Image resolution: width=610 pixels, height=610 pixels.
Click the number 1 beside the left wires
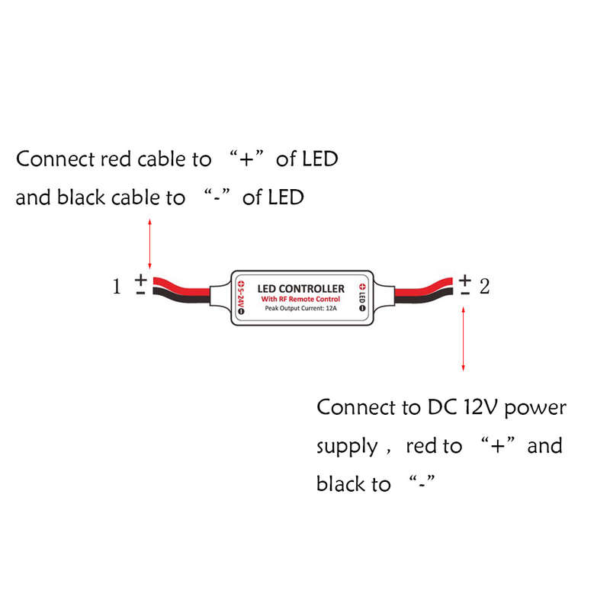(117, 287)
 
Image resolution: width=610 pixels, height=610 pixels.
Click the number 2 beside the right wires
(484, 287)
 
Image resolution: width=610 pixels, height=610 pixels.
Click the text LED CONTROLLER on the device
(300, 289)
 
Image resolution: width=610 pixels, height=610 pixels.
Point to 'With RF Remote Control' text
(300, 299)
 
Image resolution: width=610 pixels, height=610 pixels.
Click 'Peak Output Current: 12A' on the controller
(300, 308)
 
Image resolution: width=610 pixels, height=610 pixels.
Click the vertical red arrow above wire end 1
(149, 244)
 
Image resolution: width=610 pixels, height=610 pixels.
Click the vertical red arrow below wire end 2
(463, 339)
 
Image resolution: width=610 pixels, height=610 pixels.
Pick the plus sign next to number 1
(141, 280)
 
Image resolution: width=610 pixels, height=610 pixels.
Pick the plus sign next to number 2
(465, 280)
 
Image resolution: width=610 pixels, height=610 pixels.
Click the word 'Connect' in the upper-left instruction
(56, 159)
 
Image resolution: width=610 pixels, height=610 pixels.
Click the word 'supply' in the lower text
(347, 447)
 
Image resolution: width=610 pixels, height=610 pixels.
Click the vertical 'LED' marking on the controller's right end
(362, 298)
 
